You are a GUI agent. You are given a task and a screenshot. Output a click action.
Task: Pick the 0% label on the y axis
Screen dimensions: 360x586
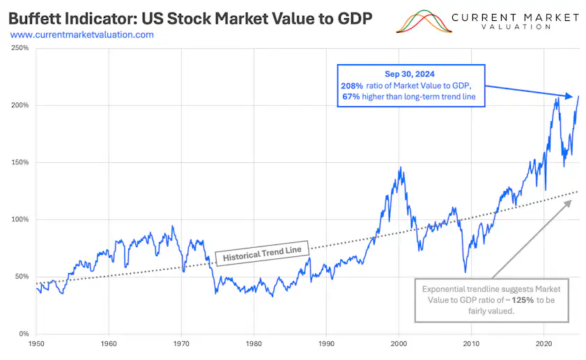point(23,334)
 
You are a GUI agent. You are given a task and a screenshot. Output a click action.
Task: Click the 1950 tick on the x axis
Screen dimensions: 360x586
point(36,344)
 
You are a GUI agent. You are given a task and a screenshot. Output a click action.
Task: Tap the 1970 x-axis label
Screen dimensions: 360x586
point(181,344)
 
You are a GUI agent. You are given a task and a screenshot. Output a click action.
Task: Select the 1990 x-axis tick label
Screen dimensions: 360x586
point(326,344)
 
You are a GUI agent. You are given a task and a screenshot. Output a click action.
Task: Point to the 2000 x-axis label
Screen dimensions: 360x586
point(399,344)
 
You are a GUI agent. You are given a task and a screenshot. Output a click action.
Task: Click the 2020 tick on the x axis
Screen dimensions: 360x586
point(544,344)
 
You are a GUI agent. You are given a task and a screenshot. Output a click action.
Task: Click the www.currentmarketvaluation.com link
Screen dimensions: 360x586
point(82,34)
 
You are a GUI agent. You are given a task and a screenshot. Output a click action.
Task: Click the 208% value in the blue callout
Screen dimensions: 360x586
point(350,85)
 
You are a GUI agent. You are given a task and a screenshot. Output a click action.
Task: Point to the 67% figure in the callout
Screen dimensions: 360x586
point(350,96)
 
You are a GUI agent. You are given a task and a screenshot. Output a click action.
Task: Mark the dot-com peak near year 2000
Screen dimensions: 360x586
point(399,168)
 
